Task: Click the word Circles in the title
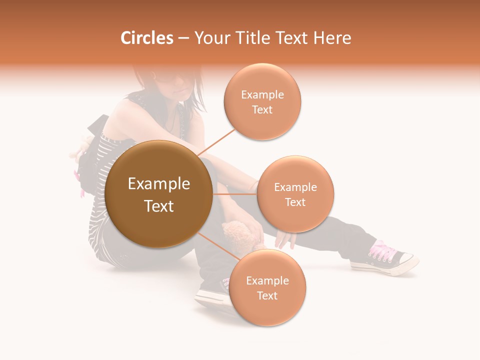(147, 38)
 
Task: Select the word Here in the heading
(333, 38)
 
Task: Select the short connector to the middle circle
(234, 194)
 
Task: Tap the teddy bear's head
(237, 231)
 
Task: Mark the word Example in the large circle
(159, 184)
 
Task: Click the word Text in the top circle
(262, 109)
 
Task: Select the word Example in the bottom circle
(267, 281)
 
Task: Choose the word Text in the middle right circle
(295, 202)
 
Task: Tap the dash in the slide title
(183, 38)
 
